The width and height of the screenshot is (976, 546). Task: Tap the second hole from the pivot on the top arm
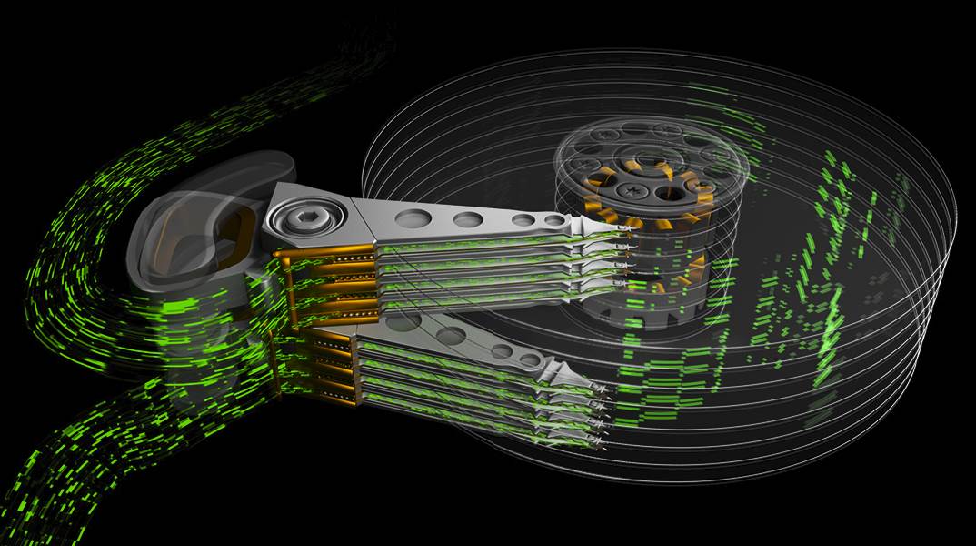468,219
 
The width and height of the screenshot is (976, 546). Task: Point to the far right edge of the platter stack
936,291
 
